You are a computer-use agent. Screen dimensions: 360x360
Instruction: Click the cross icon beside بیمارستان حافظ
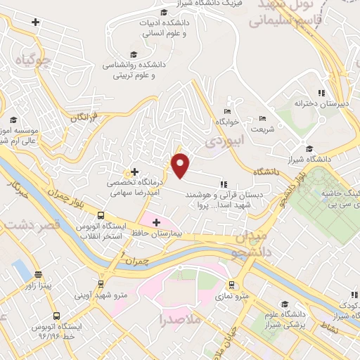(155, 222)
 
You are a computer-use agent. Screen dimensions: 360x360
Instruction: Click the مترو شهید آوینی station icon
(102, 284)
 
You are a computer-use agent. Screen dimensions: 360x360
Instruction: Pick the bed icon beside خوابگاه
(226, 112)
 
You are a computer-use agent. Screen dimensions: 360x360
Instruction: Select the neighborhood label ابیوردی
(224, 141)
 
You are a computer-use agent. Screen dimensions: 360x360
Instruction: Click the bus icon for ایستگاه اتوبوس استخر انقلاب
(102, 216)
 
